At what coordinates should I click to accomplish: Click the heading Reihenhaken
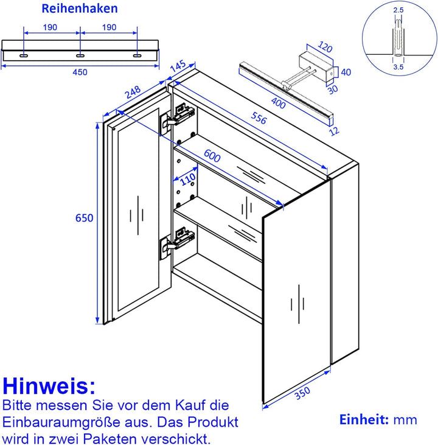(x=80, y=9)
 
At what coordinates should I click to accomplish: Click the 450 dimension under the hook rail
(x=80, y=72)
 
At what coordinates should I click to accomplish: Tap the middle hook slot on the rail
(x=80, y=56)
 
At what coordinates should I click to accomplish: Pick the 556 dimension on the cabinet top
(x=258, y=120)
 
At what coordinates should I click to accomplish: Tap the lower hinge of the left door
(x=176, y=242)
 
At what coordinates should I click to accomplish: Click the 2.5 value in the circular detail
(x=398, y=10)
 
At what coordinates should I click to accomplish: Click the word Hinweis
(x=49, y=385)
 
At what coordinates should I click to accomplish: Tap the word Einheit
(x=363, y=419)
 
